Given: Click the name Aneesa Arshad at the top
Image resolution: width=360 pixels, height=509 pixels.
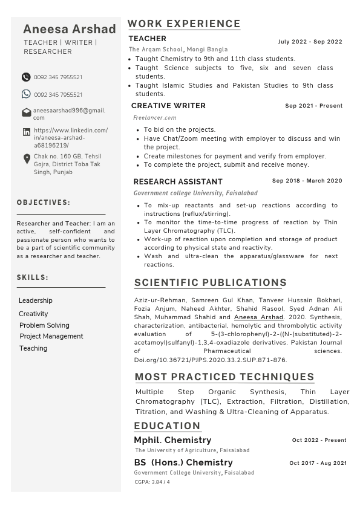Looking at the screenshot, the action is pyautogui.click(x=70, y=29).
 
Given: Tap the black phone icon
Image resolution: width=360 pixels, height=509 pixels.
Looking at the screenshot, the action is pyautogui.click(x=26, y=77).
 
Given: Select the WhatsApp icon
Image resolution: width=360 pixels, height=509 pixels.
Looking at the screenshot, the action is pyautogui.click(x=26, y=94).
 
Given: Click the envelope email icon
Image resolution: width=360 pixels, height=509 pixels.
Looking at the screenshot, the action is pyautogui.click(x=27, y=112).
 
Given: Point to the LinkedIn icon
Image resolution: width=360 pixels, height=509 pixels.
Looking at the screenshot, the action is pyautogui.click(x=27, y=132).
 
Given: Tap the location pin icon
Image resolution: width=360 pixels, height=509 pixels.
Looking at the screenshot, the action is pyautogui.click(x=27, y=159).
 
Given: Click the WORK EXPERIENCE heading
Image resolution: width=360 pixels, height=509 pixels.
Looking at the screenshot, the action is pyautogui.click(x=184, y=24).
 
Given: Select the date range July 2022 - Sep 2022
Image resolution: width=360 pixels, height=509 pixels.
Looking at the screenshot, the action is pyautogui.click(x=310, y=42).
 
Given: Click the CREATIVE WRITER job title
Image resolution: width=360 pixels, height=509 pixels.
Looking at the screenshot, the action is pyautogui.click(x=168, y=106).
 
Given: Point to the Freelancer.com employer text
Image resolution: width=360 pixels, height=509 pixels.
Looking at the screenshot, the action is pyautogui.click(x=155, y=118).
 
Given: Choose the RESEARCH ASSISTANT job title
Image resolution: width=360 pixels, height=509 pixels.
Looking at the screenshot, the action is pyautogui.click(x=178, y=181).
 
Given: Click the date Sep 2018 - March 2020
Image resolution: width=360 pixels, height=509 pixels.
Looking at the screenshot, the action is pyautogui.click(x=307, y=181).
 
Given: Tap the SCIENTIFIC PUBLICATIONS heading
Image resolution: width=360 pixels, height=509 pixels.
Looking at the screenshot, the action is pyautogui.click(x=211, y=283).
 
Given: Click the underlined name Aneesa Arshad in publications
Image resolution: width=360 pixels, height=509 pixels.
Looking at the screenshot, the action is pyautogui.click(x=258, y=317).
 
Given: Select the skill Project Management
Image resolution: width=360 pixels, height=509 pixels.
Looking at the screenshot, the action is pyautogui.click(x=51, y=336).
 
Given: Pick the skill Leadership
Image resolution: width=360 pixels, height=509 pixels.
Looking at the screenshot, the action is pyautogui.click(x=36, y=300).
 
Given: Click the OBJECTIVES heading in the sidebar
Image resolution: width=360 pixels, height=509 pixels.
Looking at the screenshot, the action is pyautogui.click(x=44, y=203).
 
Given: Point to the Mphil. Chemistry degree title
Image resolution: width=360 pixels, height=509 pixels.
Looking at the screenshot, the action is pyautogui.click(x=172, y=440).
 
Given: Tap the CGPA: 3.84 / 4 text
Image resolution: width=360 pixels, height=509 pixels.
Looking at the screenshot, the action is pyautogui.click(x=152, y=482).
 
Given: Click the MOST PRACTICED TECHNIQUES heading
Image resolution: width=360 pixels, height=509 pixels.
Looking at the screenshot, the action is pyautogui.click(x=224, y=377).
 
